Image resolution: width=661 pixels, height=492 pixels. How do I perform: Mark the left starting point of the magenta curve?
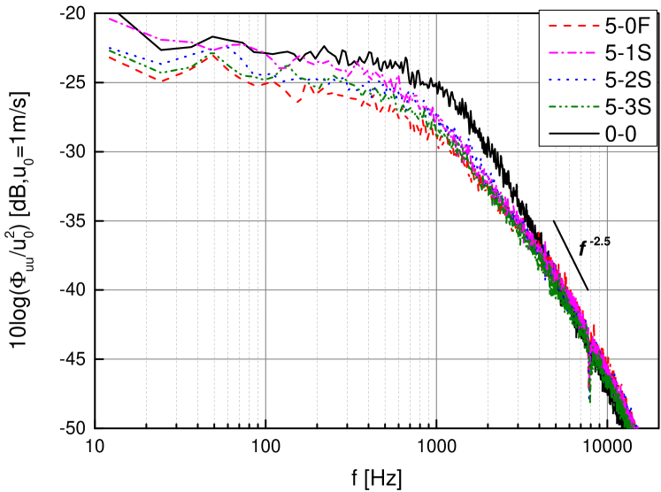109,18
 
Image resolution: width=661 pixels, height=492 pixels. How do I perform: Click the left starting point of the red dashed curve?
109,58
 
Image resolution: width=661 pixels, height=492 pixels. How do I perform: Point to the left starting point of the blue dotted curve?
109,48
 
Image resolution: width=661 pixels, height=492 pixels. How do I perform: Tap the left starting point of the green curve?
109,54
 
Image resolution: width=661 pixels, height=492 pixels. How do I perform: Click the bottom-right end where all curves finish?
635,427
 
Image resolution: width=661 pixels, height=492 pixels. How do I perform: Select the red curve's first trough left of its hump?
162,81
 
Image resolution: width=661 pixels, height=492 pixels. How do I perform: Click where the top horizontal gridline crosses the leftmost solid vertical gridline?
265,82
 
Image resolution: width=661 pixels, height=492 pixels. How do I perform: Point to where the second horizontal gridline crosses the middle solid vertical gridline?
435,151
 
